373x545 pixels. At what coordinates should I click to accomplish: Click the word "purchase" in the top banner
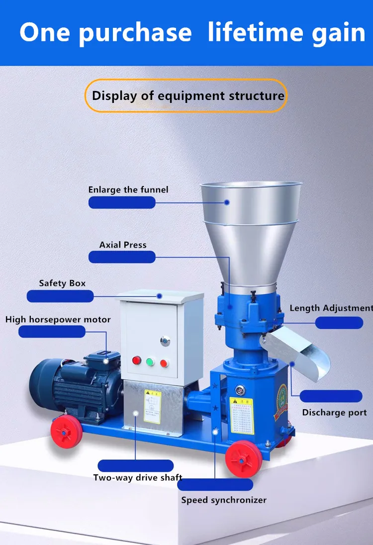pyautogui.click(x=134, y=33)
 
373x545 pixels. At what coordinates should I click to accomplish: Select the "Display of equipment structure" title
pyautogui.click(x=188, y=95)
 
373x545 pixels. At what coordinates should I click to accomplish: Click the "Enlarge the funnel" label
pyautogui.click(x=128, y=189)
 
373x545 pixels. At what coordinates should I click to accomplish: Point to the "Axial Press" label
pyautogui.click(x=123, y=245)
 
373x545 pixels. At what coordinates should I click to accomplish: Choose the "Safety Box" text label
pyautogui.click(x=62, y=283)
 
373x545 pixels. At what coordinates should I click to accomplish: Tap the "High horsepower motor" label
pyautogui.click(x=58, y=319)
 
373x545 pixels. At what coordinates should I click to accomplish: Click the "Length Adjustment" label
pyautogui.click(x=331, y=308)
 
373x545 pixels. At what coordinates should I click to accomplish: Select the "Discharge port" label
pyautogui.click(x=334, y=412)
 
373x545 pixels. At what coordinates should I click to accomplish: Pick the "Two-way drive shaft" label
pyautogui.click(x=138, y=478)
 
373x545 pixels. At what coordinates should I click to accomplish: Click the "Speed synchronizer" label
pyautogui.click(x=223, y=500)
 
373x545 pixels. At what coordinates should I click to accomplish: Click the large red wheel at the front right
pyautogui.click(x=244, y=458)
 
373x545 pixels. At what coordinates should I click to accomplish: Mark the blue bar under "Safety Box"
pyautogui.click(x=60, y=296)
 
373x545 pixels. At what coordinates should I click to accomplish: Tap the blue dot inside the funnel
pyautogui.click(x=226, y=202)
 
